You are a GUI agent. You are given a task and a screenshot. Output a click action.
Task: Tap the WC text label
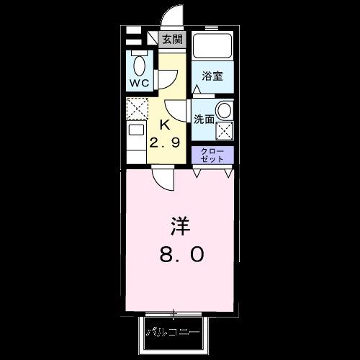(138, 82)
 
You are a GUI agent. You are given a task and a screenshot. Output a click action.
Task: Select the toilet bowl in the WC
(139, 66)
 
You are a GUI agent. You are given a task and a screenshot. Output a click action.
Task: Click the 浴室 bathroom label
(212, 75)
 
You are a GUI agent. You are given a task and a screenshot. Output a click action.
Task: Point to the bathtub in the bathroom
(212, 48)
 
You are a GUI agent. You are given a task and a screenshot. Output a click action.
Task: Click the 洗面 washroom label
(204, 120)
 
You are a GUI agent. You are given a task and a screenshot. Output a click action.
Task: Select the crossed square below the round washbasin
(225, 131)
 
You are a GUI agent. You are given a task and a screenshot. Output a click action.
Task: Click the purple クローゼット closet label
(212, 154)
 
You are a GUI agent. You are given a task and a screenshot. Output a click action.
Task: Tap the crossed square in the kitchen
(136, 109)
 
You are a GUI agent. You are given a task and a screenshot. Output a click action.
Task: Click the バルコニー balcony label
(174, 333)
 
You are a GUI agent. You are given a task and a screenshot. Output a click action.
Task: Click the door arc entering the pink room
(163, 179)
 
